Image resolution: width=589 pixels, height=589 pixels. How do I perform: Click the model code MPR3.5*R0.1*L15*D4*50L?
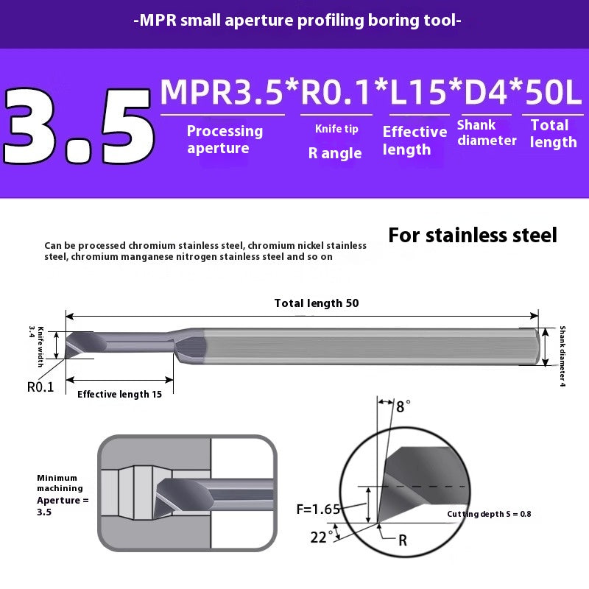[x=370, y=92]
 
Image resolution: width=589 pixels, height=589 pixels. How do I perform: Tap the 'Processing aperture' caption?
[x=224, y=139]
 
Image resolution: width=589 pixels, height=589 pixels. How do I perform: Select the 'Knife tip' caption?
[x=336, y=129]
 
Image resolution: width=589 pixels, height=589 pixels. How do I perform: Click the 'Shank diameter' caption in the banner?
[x=486, y=133]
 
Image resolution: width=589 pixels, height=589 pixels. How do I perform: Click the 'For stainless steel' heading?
[x=472, y=236]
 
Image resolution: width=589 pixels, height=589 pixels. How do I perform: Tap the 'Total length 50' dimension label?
[x=316, y=303]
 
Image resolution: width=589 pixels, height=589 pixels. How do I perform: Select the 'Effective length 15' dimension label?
[x=119, y=394]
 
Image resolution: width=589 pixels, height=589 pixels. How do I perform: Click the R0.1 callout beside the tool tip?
[x=40, y=387]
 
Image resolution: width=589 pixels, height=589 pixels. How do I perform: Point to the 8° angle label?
[x=403, y=406]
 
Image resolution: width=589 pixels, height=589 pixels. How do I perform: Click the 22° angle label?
[x=318, y=537]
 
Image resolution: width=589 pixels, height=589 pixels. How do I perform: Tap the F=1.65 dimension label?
[x=319, y=508]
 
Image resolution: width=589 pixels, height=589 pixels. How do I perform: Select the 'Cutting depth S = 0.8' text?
[x=489, y=514]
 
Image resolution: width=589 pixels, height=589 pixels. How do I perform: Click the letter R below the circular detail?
[x=402, y=540]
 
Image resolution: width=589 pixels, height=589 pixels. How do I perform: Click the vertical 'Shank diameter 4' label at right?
[x=562, y=356]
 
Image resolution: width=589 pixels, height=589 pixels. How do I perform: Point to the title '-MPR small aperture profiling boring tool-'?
[x=297, y=21]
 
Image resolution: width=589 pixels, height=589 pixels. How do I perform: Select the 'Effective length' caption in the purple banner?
[x=415, y=140]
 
